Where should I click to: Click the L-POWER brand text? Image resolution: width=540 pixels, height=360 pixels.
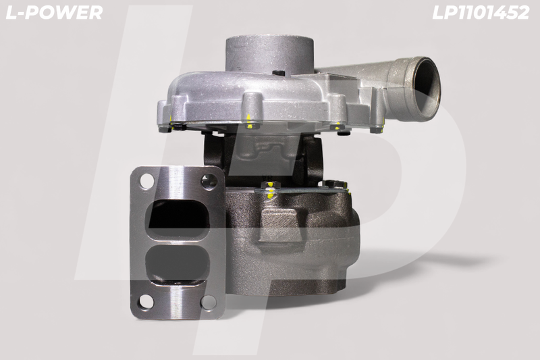[55, 13]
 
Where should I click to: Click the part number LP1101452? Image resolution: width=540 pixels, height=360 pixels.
[481, 13]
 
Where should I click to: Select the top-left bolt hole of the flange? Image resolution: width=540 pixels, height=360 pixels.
[146, 180]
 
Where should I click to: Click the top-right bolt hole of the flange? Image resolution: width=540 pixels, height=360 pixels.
[209, 182]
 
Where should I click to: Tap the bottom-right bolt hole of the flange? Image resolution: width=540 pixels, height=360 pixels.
[208, 302]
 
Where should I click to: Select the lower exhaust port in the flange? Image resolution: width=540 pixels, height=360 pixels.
[178, 263]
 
